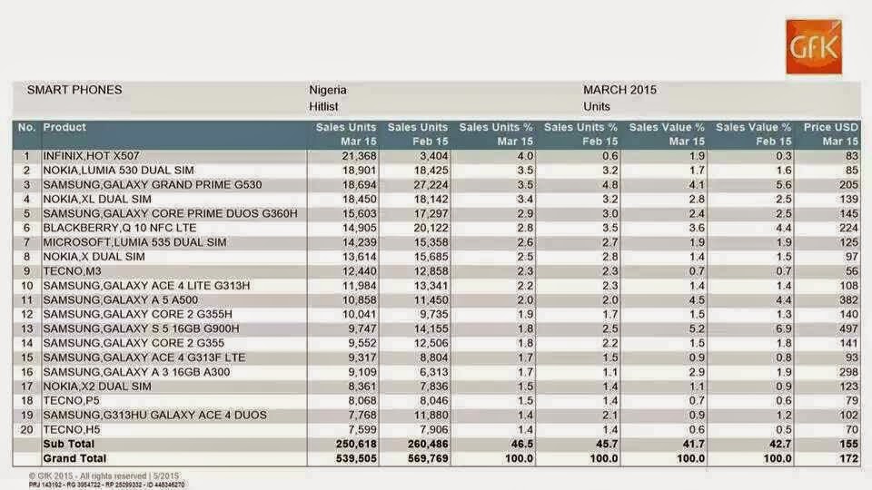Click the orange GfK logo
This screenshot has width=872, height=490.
tap(814, 46)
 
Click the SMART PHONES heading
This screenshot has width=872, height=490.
tap(74, 90)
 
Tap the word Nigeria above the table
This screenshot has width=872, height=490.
tap(328, 90)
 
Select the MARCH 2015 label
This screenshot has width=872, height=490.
tap(619, 90)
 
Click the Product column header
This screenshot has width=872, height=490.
tap(64, 127)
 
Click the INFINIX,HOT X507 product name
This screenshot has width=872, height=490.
tap(91, 156)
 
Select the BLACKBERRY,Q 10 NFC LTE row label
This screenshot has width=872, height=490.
tap(120, 228)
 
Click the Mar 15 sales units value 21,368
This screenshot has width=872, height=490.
tap(360, 156)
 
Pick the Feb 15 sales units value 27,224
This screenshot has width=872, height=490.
tap(431, 185)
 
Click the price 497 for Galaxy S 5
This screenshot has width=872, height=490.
tap(848, 328)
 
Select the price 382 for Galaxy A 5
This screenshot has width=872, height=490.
tap(848, 300)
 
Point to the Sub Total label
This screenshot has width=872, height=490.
tap(68, 444)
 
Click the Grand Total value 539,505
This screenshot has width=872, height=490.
tap(356, 458)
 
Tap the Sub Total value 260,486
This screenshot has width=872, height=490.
tap(428, 444)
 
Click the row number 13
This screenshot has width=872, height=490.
tap(26, 328)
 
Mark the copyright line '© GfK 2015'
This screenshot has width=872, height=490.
tap(104, 476)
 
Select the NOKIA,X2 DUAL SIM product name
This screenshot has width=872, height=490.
tap(97, 387)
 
